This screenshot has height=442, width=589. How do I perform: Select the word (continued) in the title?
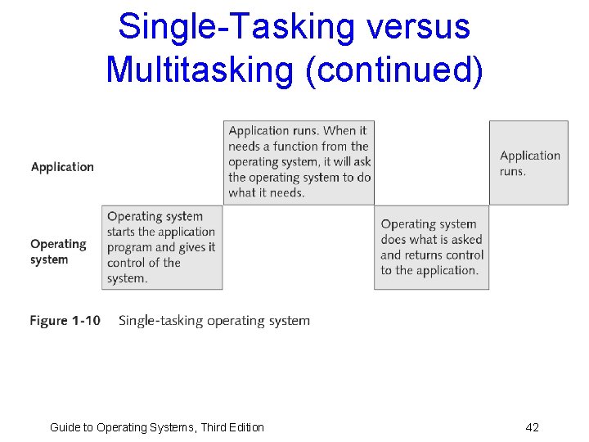[393, 69]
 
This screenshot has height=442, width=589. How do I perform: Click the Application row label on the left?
[62, 167]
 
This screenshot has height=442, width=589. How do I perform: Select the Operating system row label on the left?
[57, 251]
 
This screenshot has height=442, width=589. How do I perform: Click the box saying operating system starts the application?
[162, 247]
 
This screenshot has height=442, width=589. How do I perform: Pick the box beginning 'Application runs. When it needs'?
[299, 162]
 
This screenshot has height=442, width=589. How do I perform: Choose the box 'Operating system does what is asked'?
[432, 247]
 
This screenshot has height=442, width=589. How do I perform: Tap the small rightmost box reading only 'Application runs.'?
[528, 163]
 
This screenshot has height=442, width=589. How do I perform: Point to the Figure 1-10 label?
[65, 321]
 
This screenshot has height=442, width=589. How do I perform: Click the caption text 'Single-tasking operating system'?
[214, 321]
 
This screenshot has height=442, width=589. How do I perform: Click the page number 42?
[532, 427]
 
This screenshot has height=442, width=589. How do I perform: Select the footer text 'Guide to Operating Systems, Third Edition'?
[157, 427]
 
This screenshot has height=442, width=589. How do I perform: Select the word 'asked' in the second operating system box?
[465, 240]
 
